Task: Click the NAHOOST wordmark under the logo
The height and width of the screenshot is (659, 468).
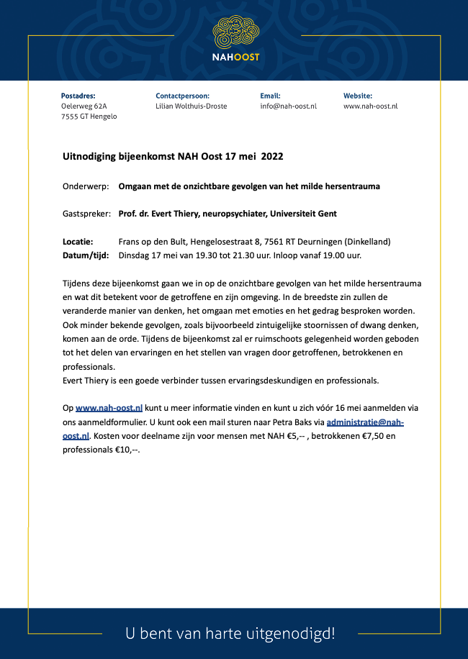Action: (x=235, y=57)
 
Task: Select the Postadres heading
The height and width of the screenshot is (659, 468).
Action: (x=78, y=96)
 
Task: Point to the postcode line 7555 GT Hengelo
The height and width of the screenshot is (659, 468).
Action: (x=89, y=117)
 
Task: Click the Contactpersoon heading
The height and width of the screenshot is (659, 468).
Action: (x=182, y=96)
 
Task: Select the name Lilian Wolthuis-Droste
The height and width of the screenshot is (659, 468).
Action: (x=191, y=106)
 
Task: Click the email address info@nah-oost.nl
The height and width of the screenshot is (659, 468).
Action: (x=288, y=106)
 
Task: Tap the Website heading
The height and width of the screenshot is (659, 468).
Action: (x=358, y=96)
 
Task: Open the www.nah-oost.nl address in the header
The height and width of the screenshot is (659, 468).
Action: (x=371, y=106)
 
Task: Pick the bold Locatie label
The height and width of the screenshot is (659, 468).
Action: (x=78, y=242)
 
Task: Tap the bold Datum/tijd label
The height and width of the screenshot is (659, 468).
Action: (x=84, y=255)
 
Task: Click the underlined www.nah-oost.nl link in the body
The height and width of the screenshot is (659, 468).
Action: (x=109, y=409)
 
